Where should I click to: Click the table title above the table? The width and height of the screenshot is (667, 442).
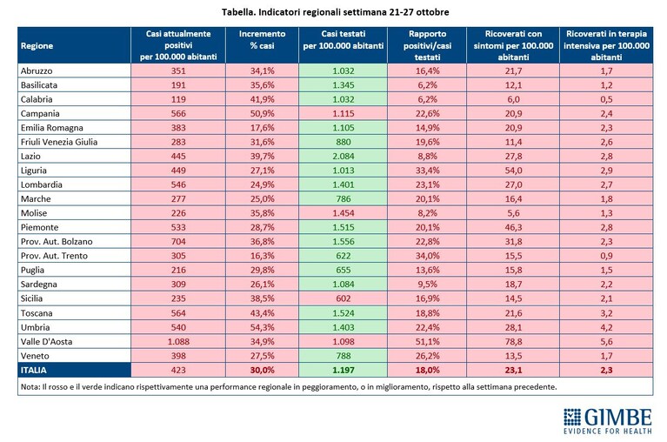tap(335, 12)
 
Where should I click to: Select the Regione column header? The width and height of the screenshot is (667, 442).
tap(37, 46)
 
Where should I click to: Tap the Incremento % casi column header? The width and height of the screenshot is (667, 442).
tap(262, 39)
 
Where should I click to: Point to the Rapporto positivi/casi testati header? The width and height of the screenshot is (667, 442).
tap(427, 45)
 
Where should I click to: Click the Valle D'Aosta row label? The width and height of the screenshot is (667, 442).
tap(46, 342)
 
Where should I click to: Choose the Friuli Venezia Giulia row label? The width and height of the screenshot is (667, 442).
tap(59, 142)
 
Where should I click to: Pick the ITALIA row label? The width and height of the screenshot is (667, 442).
tap(34, 370)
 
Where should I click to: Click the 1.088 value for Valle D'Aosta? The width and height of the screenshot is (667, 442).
tap(178, 342)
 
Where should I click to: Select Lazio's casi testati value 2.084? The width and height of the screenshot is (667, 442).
tap(344, 156)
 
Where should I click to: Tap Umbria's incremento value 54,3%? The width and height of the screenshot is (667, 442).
tap(262, 327)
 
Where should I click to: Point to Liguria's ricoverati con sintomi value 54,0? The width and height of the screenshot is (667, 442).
tap(513, 171)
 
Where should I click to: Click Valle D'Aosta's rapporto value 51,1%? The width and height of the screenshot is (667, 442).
tap(428, 342)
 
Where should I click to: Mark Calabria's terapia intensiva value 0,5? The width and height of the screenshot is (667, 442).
tap(607, 99)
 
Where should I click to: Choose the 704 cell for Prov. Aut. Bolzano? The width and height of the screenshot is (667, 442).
tap(178, 242)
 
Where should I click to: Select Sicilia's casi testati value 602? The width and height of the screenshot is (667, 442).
tap(344, 298)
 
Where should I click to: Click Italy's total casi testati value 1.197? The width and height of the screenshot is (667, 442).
tap(344, 370)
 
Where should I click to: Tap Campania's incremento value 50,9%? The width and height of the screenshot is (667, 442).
tap(262, 114)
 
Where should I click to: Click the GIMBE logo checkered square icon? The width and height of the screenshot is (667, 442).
tap(572, 418)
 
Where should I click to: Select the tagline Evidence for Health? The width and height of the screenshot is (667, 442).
tap(608, 431)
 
